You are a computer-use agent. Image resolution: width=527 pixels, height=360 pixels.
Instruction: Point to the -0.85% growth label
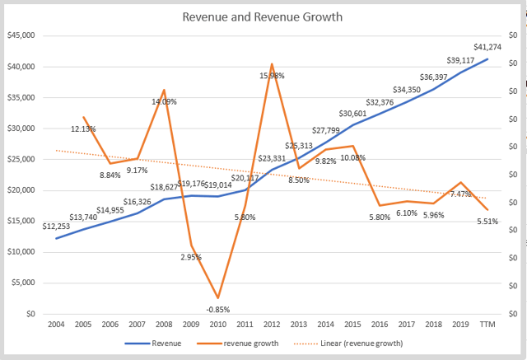217,310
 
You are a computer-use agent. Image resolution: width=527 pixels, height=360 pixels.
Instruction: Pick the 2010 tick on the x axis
217,325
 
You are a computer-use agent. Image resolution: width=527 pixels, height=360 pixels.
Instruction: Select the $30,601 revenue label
353,114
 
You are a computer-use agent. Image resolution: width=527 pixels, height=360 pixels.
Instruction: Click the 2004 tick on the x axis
56,325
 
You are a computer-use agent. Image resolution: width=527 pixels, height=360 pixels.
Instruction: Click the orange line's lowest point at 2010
217,298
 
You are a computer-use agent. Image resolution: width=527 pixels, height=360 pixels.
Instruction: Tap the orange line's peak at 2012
272,63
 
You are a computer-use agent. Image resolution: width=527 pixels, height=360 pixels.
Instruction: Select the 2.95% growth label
190,258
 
